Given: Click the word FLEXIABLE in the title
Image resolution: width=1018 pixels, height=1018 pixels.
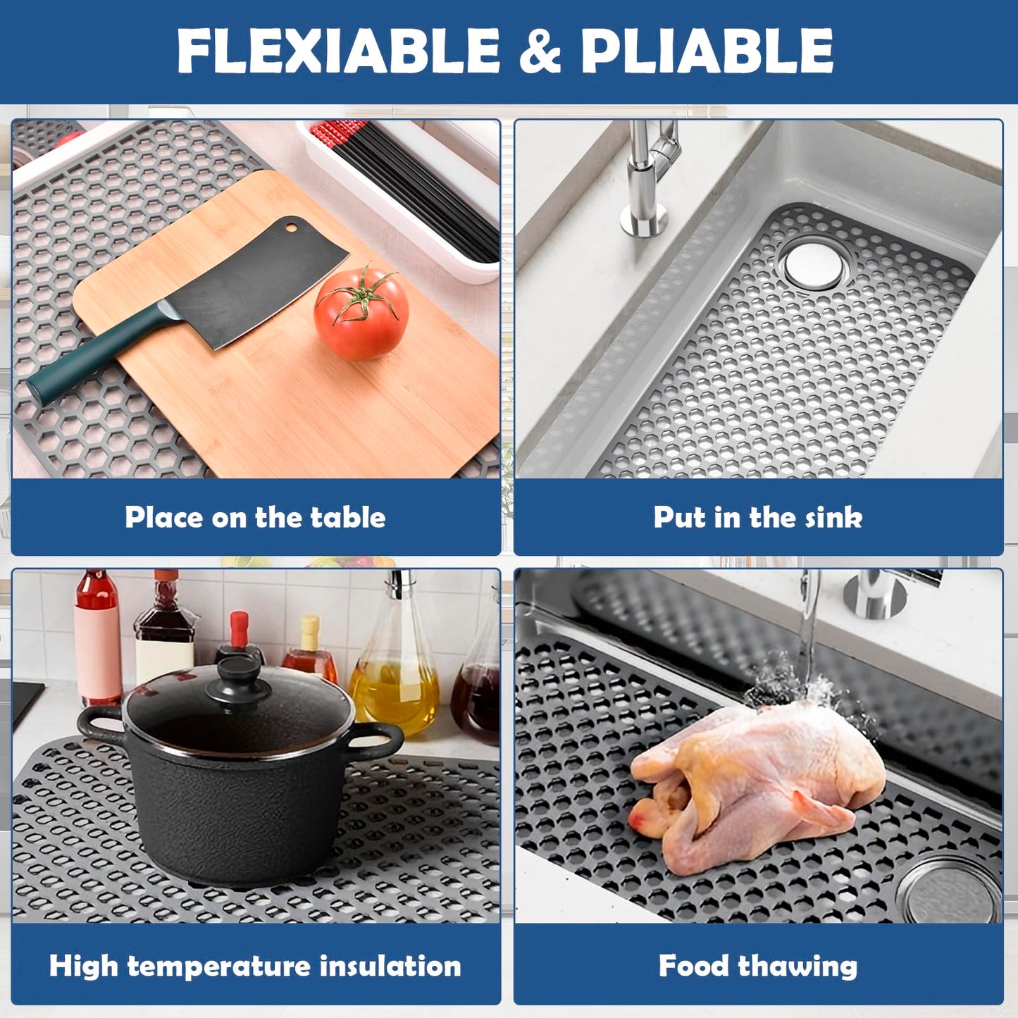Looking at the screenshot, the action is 338,51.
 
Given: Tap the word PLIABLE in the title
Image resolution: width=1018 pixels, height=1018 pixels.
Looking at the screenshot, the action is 707,51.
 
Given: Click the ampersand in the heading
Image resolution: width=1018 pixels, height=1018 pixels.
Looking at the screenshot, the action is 540,51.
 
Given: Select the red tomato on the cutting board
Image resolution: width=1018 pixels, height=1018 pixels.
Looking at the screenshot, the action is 361,313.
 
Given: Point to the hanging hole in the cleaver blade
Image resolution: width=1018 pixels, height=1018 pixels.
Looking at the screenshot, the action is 291,229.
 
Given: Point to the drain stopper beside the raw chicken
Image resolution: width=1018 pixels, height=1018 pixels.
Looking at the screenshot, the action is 949,888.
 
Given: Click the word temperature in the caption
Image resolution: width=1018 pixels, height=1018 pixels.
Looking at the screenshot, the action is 218,967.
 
